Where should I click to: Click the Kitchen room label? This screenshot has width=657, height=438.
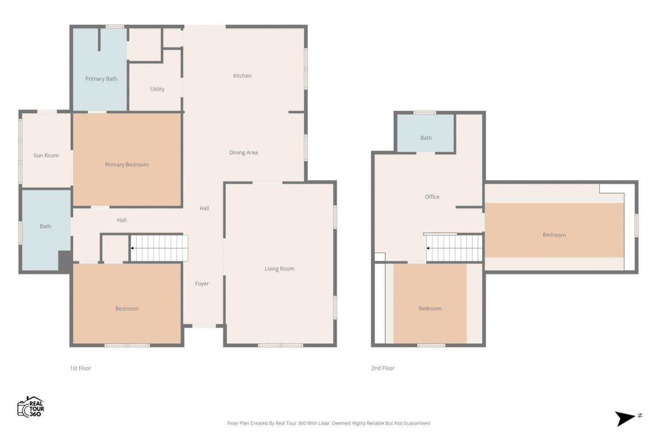coord(242,76)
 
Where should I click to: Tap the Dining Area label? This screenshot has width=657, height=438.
coord(244,152)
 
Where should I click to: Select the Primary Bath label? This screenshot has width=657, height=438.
coord(101,79)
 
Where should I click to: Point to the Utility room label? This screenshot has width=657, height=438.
coord(157,89)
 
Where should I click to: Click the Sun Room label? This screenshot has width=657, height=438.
coord(46,155)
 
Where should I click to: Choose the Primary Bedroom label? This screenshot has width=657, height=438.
coord(127,165)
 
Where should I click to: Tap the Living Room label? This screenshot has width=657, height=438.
coord(279,269)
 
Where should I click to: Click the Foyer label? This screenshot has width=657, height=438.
coord(202,284)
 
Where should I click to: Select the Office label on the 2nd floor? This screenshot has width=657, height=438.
coord(432,197)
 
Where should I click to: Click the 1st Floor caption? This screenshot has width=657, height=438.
coord(80,368)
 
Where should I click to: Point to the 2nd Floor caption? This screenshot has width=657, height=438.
coord(383,368)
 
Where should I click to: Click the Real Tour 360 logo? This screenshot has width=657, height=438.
coord(31,406)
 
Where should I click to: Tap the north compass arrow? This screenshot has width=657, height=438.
coord(625,418)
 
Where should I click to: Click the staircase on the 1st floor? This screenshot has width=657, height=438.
coord(159,248)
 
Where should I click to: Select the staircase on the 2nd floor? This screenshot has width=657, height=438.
coord(454,248)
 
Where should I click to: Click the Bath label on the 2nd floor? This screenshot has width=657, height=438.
coord(426,138)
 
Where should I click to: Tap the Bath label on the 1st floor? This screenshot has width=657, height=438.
coord(46,226)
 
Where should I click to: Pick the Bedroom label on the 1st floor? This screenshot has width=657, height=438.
coord(127,309)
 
